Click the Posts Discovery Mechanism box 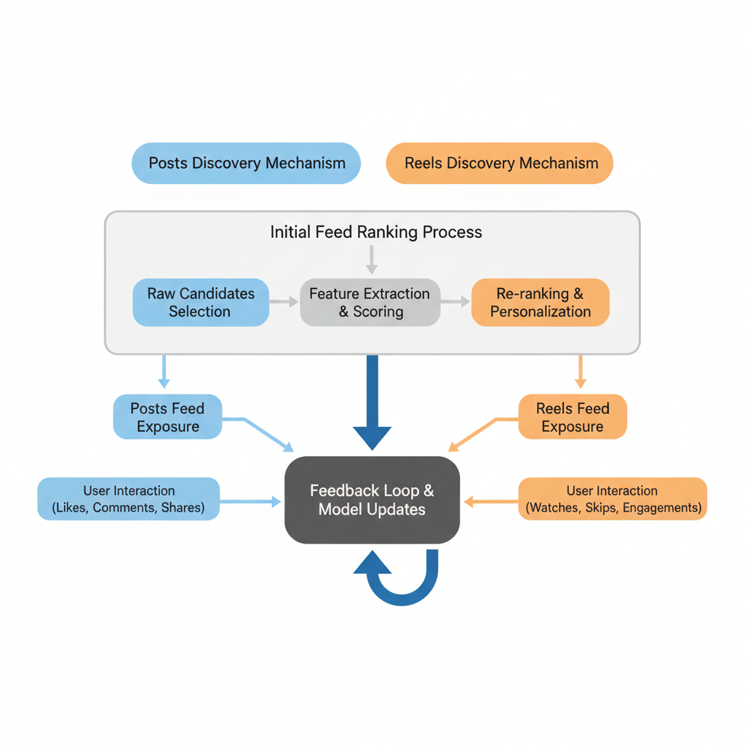click(246, 163)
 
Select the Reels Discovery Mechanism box click(500, 163)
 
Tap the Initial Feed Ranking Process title click(375, 232)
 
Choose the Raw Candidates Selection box click(201, 303)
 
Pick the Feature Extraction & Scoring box click(370, 303)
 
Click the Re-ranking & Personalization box click(540, 303)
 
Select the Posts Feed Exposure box click(167, 418)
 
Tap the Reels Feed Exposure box click(572, 418)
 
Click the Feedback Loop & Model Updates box click(372, 500)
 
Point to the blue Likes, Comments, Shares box click(129, 499)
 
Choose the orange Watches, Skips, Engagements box click(613, 499)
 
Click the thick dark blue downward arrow click(372, 400)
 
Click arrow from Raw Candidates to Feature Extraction click(284, 301)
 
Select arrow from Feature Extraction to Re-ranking click(455, 301)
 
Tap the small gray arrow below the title click(372, 259)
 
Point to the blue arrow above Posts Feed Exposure click(164, 371)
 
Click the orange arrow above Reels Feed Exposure click(580, 371)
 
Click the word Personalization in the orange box click(540, 312)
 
